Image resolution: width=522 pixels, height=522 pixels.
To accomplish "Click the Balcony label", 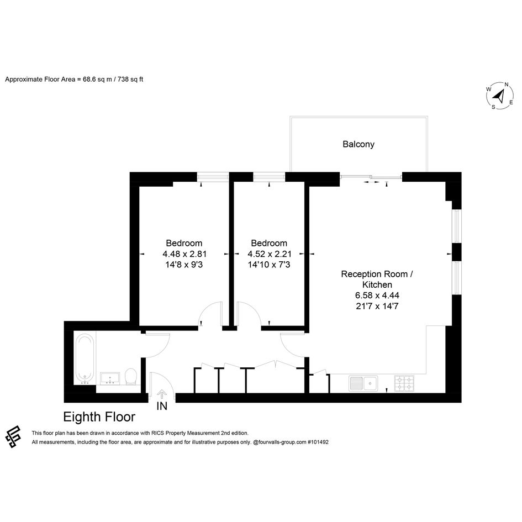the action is pos(358,144).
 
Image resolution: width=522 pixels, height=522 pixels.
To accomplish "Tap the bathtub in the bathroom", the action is pos(85,359).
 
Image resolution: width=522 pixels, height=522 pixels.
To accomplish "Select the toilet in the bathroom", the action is pos(131,377).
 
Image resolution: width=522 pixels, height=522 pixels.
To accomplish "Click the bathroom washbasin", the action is pos(109,378).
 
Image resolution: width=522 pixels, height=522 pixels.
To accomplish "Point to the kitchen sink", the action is pos(363,383).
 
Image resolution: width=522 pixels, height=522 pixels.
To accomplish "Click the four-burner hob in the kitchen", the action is pos(404,383).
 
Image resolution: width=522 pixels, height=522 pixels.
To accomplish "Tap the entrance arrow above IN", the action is pos(162,394).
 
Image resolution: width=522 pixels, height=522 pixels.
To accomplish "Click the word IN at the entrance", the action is pos(162,406).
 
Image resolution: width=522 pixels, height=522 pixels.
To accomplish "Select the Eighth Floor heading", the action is pos(99,417).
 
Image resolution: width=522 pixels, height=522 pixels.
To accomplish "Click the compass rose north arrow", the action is pos(499,97).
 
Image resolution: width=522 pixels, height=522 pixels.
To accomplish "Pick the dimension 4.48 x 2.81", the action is pos(184,254).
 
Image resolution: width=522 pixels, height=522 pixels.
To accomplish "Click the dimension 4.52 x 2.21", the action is pos(270,254).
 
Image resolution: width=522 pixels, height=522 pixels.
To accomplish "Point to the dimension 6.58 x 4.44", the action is pos(377,296).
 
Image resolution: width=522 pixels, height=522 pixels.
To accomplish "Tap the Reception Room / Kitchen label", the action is pos(377,280).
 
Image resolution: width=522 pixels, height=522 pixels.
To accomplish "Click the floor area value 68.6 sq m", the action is pos(97,80).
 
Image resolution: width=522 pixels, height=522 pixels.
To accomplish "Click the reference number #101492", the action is pos(318,442).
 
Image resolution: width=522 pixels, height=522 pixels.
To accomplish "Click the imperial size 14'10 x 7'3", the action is pos(269,265).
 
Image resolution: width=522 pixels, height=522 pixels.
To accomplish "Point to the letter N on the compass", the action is pos(507,85).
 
